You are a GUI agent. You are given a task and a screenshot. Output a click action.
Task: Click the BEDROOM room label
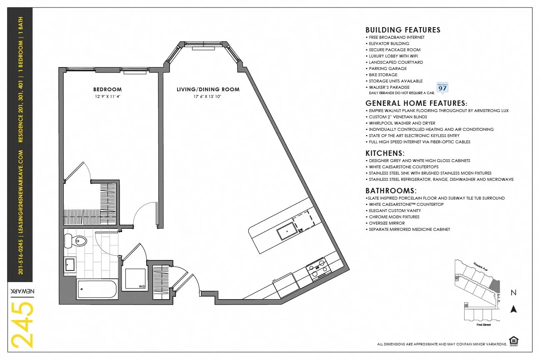(x=107, y=90)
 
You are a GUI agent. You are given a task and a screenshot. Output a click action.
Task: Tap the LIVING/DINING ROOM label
(x=208, y=90)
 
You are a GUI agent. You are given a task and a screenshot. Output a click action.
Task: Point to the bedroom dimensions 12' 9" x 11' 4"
(x=107, y=96)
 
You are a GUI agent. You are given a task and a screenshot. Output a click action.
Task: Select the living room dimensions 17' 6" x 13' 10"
(x=208, y=96)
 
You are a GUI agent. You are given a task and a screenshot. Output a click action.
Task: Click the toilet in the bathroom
(x=76, y=240)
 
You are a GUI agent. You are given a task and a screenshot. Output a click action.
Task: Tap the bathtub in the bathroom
(x=97, y=289)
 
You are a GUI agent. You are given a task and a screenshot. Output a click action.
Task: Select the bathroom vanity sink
(x=70, y=264)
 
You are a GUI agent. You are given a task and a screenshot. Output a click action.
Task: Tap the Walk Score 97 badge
(x=442, y=87)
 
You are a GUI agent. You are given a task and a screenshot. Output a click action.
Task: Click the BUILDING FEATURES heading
(x=402, y=30)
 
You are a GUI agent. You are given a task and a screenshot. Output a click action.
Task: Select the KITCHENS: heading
(x=385, y=153)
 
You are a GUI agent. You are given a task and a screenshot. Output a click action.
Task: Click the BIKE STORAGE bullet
(x=383, y=75)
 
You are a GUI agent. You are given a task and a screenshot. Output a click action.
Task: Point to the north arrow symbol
(x=514, y=309)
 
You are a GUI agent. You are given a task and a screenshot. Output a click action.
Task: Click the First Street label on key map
(x=484, y=325)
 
